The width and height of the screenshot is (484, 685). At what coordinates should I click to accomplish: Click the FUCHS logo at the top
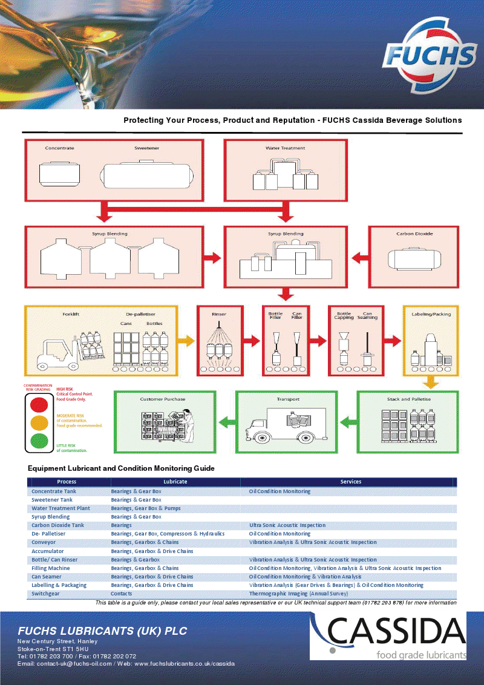click(430, 56)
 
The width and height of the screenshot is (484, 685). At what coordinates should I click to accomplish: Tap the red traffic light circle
click(39, 405)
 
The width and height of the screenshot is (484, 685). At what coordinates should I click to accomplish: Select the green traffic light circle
click(39, 441)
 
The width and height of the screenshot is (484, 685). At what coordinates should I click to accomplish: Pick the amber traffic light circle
click(39, 422)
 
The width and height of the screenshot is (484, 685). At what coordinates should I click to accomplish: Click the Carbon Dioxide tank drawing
click(414, 259)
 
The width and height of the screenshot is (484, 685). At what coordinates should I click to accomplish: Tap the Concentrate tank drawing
click(59, 174)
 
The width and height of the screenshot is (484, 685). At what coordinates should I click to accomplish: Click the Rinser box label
click(219, 314)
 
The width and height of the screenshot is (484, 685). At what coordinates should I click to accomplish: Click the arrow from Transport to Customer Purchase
click(227, 422)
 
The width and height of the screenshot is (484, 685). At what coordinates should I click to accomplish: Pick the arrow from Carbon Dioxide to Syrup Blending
click(360, 258)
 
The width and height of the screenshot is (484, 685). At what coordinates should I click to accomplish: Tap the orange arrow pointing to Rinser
click(186, 340)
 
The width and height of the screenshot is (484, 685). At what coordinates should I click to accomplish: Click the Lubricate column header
click(175, 482)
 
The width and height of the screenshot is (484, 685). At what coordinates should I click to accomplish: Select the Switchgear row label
click(45, 594)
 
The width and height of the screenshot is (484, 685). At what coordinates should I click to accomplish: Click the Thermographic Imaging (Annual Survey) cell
click(298, 594)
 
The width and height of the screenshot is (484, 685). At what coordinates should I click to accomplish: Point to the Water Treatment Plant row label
click(60, 508)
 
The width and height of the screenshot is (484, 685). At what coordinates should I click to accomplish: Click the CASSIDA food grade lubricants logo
click(388, 635)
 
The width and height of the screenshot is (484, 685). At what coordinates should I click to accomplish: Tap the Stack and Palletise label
click(408, 399)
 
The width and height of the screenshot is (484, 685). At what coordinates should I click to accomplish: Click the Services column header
click(351, 482)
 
